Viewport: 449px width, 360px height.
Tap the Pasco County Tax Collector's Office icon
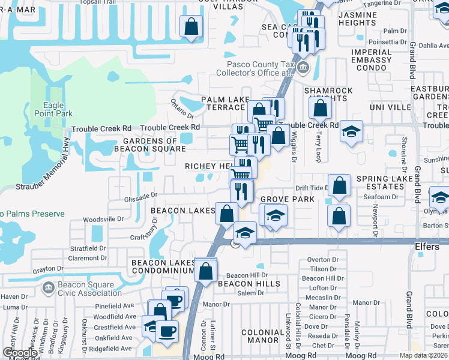[304, 67]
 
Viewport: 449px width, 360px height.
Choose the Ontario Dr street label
[182, 109]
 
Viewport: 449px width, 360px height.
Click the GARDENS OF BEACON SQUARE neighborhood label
[150, 145]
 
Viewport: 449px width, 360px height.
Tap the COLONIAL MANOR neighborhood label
[262, 336]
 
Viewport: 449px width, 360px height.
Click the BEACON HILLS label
[249, 283]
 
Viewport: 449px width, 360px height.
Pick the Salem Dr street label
[251, 293]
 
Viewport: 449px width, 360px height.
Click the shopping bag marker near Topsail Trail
[191, 26]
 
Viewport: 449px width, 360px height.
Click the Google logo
[20, 353]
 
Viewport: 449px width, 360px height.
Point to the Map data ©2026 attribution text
[423, 355]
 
